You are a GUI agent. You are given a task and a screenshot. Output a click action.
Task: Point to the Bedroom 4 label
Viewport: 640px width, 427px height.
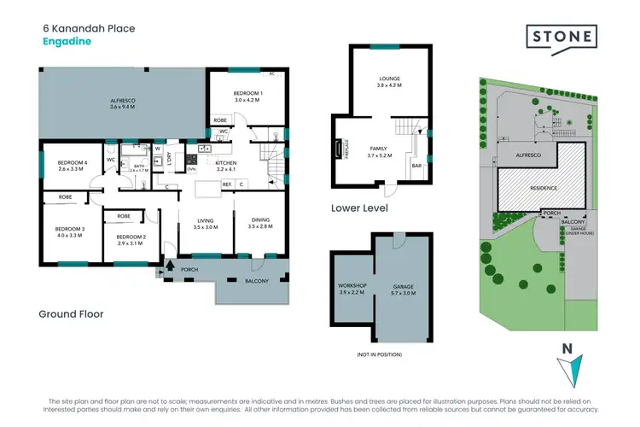coord(73,165)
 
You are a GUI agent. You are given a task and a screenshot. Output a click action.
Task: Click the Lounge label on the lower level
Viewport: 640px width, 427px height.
coord(389,82)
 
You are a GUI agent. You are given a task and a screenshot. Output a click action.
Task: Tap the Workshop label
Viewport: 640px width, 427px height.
coord(352,287)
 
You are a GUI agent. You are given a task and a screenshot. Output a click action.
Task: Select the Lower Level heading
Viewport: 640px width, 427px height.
coord(359,208)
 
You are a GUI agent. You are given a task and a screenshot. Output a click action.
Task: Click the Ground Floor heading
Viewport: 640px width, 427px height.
coord(71,314)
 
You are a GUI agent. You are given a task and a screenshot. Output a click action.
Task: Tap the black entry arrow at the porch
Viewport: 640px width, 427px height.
coord(168,266)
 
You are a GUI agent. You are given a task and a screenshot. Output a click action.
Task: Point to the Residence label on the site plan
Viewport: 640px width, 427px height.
coord(544,188)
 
